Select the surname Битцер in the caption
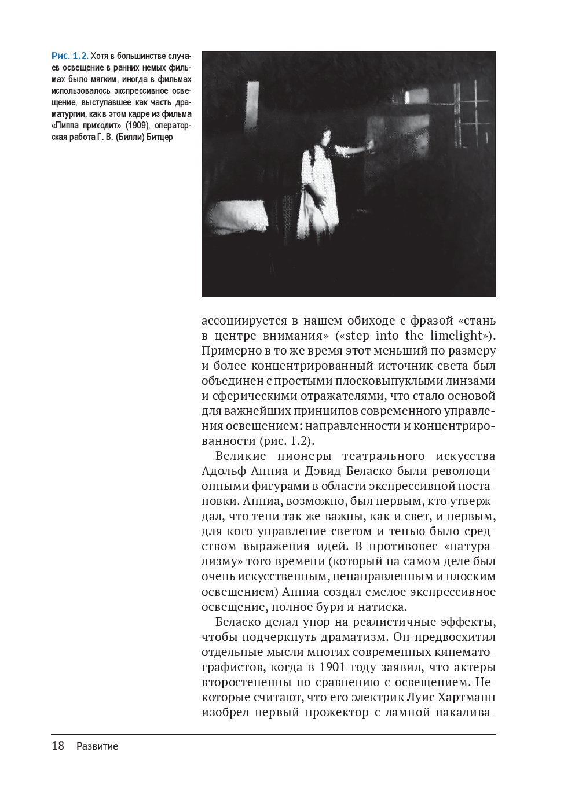(x=160, y=138)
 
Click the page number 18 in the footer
(x=58, y=746)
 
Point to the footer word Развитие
(x=97, y=746)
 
